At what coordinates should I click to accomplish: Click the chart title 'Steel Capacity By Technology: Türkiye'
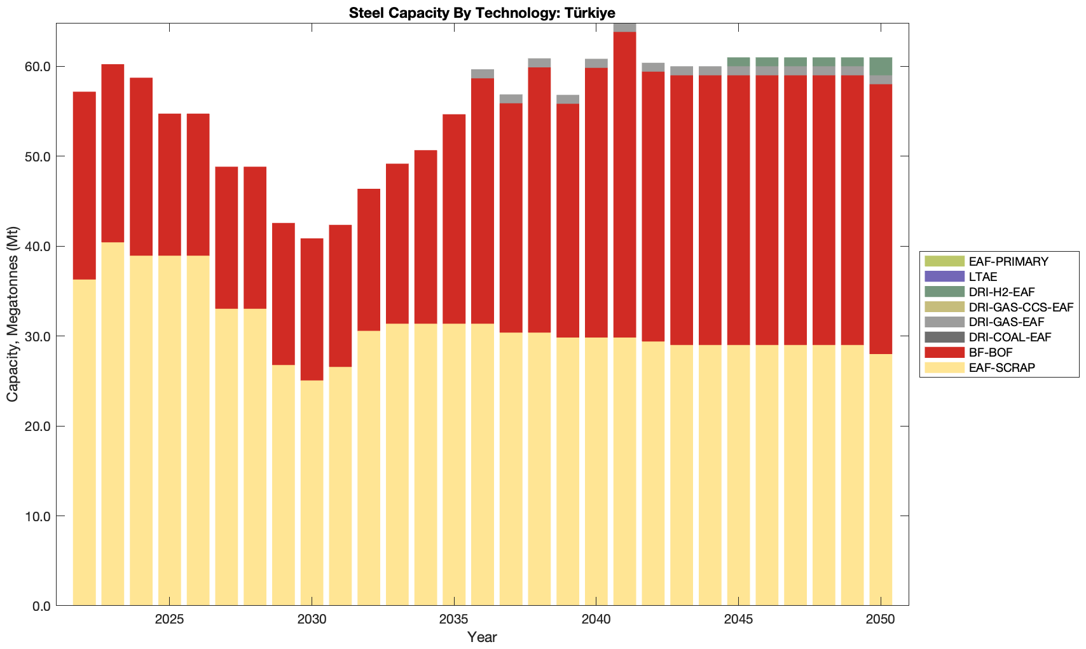click(x=481, y=13)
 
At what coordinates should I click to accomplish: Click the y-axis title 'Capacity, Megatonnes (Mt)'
click(x=13, y=314)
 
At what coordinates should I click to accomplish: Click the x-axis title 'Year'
click(x=482, y=637)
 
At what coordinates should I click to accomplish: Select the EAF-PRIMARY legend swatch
click(x=944, y=261)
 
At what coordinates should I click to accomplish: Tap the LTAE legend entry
click(x=983, y=277)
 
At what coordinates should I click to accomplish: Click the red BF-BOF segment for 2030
click(x=312, y=310)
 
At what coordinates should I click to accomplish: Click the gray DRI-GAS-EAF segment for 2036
click(x=483, y=74)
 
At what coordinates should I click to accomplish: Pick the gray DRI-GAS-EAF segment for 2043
click(x=682, y=71)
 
